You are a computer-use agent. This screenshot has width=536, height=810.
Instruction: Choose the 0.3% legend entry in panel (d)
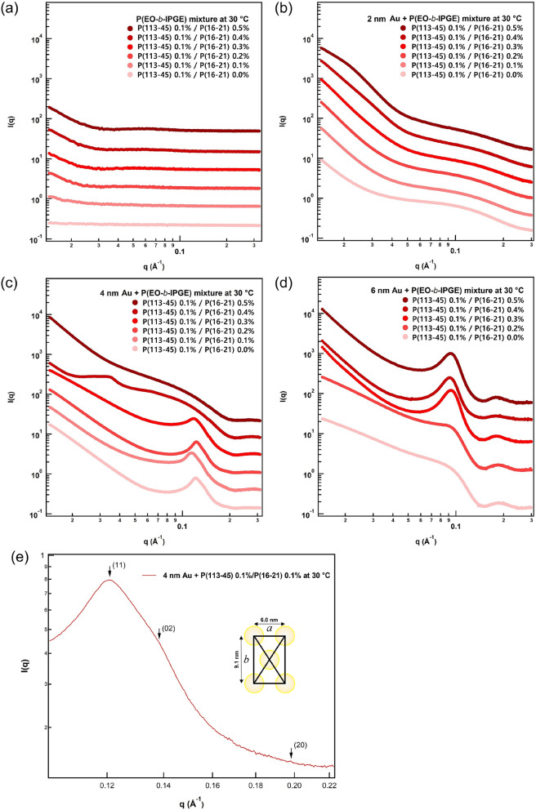click(462, 322)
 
